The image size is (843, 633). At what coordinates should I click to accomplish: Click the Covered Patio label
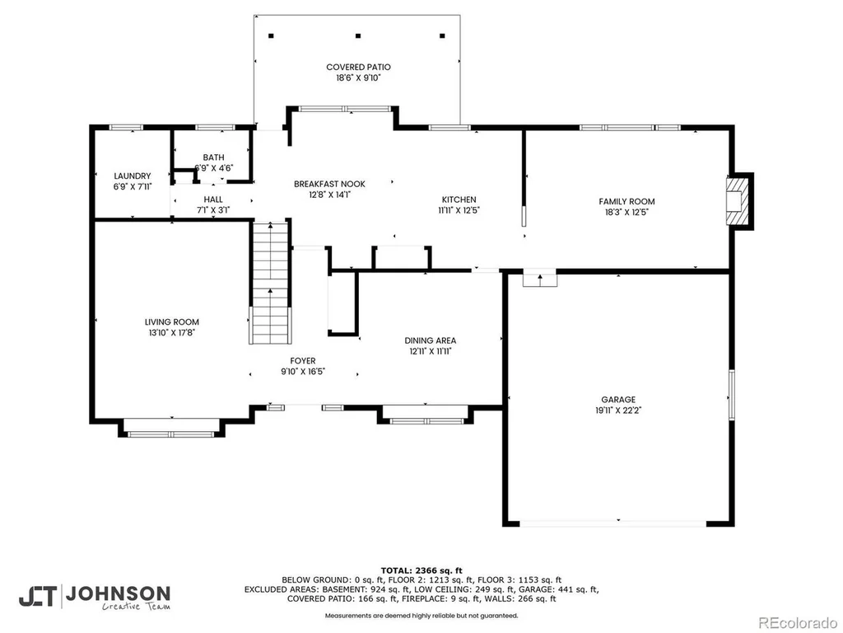(x=358, y=68)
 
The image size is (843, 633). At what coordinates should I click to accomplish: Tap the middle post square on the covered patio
(x=358, y=36)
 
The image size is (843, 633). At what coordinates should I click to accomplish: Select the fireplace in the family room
(x=737, y=201)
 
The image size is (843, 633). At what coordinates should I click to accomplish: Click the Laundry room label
(x=133, y=176)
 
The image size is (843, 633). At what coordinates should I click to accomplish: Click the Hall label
(x=213, y=199)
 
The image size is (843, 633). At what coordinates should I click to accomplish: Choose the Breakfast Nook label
(x=329, y=184)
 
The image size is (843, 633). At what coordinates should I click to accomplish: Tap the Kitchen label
(x=459, y=199)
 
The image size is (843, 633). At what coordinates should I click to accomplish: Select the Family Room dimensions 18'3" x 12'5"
(x=626, y=212)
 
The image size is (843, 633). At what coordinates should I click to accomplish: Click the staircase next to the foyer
(x=270, y=282)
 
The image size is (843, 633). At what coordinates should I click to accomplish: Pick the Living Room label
(x=172, y=322)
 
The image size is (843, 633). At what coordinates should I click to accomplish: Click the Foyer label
(x=303, y=361)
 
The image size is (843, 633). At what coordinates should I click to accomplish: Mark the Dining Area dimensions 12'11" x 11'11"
(x=430, y=351)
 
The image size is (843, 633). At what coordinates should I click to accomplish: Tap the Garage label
(x=618, y=400)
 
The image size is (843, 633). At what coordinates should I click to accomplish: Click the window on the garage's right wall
(x=732, y=395)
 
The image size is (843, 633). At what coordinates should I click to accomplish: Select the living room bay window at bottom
(x=171, y=434)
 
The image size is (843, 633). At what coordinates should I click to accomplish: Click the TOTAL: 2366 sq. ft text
(x=421, y=570)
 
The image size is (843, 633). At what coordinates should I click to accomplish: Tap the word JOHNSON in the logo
(x=119, y=593)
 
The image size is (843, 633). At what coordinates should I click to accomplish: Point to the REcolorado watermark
(x=797, y=622)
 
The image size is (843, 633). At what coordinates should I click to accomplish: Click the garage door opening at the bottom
(x=612, y=523)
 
